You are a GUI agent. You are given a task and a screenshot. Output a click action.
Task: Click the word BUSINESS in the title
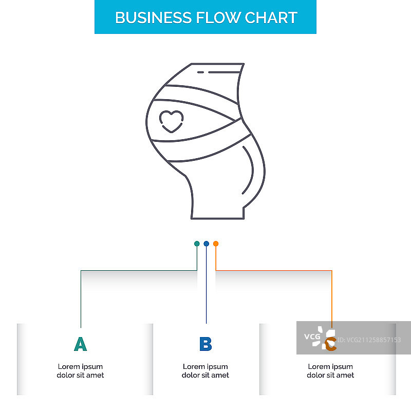(154, 17)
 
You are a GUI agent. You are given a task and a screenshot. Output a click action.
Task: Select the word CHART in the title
(271, 17)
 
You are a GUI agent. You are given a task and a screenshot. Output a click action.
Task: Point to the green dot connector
(197, 244)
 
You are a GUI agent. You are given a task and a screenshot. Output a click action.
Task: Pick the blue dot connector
(206, 244)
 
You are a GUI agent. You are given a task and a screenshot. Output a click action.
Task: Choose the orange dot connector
(216, 244)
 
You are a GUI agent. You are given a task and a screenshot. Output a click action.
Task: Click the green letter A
(80, 344)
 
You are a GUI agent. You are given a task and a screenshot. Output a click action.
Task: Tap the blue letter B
(206, 344)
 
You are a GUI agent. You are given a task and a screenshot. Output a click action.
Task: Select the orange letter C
(331, 345)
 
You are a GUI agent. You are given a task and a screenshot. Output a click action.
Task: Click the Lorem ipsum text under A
(80, 371)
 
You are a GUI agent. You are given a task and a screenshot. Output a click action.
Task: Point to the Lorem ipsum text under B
(206, 371)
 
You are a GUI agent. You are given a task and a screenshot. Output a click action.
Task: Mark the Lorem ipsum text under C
(331, 371)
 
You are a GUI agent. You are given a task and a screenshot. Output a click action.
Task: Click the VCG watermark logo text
(312, 337)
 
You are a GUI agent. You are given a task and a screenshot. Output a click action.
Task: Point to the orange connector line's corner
(332, 270)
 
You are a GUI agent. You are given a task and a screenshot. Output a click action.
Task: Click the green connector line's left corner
(81, 270)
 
